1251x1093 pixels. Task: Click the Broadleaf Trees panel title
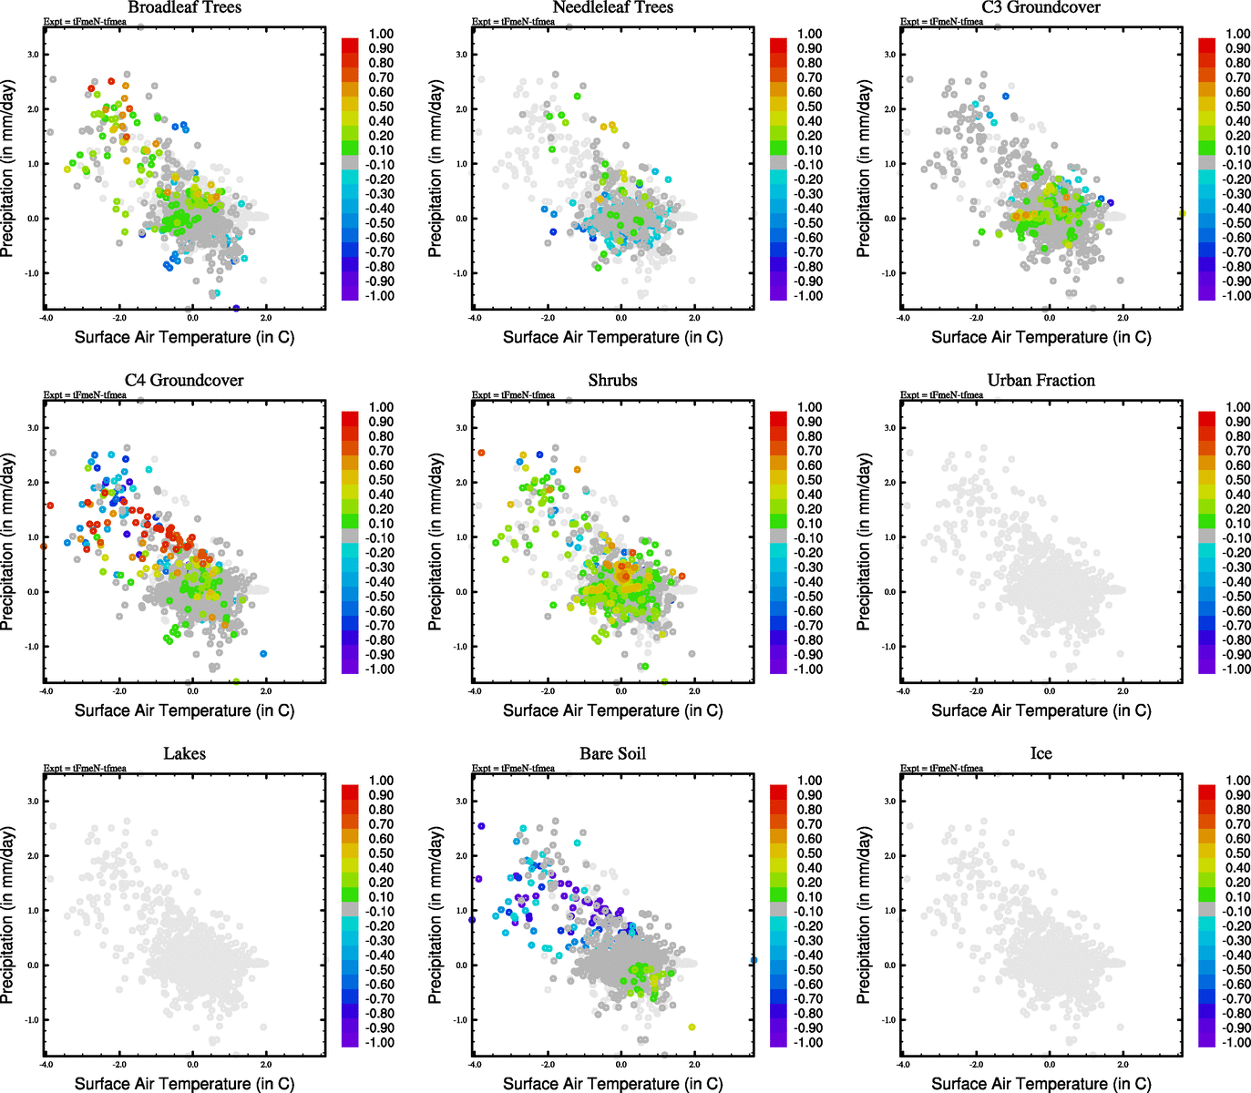coord(184,7)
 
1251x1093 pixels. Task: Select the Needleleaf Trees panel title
coord(613,7)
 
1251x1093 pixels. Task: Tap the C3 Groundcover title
coord(1041,7)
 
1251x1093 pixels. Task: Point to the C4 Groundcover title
coord(184,380)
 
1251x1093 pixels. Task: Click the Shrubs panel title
coord(612,380)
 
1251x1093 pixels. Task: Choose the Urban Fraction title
coord(1041,380)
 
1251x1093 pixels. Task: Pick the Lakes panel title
coord(184,753)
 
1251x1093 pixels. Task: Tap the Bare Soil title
coord(612,753)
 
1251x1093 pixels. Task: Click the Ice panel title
coord(1041,753)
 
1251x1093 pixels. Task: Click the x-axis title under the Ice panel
coord(1041,1083)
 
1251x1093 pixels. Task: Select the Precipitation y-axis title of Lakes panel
coord(8,915)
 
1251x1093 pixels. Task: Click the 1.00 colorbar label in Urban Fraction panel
coord(1237,407)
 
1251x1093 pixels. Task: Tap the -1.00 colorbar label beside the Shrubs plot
coord(808,669)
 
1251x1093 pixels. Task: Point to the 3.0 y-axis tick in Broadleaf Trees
coord(33,55)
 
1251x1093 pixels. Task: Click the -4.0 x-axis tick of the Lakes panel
coord(46,1064)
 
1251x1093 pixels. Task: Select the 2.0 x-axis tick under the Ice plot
coord(1123,1064)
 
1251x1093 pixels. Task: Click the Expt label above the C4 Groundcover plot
coord(85,395)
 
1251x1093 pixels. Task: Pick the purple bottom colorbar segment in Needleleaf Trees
coord(779,292)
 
